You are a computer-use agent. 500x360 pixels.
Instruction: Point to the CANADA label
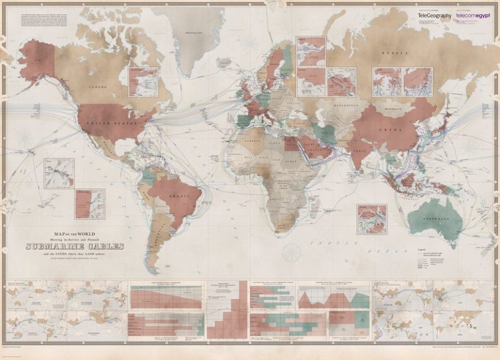tap(98, 89)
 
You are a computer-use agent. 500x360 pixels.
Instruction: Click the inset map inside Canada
tap(143, 81)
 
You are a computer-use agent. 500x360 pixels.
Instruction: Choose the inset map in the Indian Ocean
tap(372, 219)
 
